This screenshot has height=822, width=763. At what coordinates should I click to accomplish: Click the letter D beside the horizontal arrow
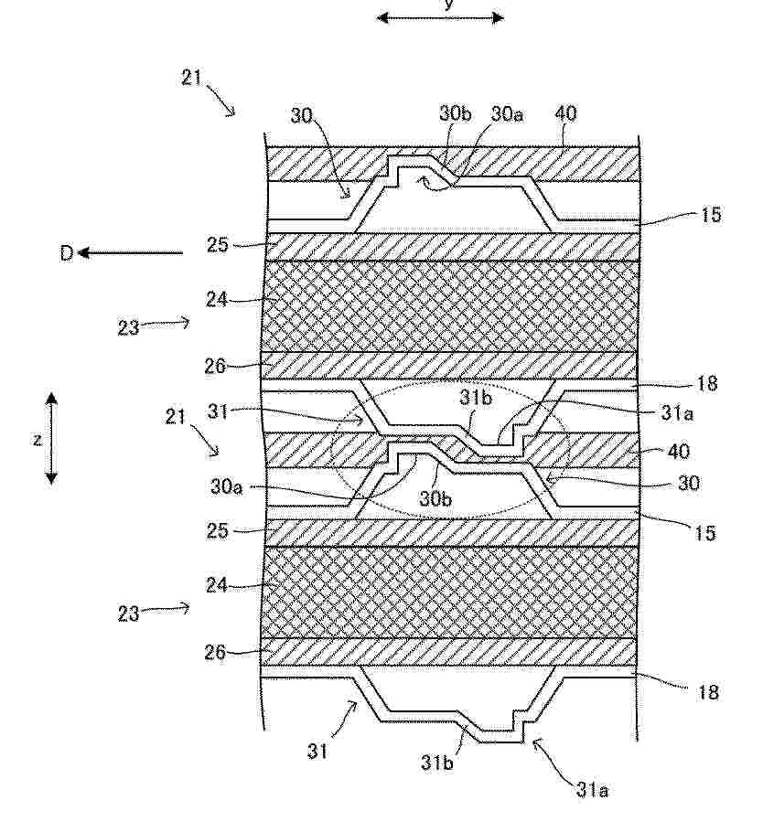[x=66, y=253]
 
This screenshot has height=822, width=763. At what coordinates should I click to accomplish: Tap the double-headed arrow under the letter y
[x=440, y=18]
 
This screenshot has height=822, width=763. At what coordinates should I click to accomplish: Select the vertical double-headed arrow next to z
[x=51, y=438]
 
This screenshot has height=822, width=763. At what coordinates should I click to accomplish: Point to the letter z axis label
[x=37, y=439]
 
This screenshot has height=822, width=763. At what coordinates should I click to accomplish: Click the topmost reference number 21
[x=192, y=78]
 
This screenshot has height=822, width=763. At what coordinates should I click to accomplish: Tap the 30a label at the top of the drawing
[x=507, y=114]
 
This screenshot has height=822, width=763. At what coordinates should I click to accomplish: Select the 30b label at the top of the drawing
[x=455, y=114]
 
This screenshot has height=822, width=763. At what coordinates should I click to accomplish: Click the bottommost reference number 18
[x=708, y=692]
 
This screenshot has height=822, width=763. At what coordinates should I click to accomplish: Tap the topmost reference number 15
[x=710, y=215]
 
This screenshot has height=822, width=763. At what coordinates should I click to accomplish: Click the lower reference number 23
[x=128, y=613]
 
